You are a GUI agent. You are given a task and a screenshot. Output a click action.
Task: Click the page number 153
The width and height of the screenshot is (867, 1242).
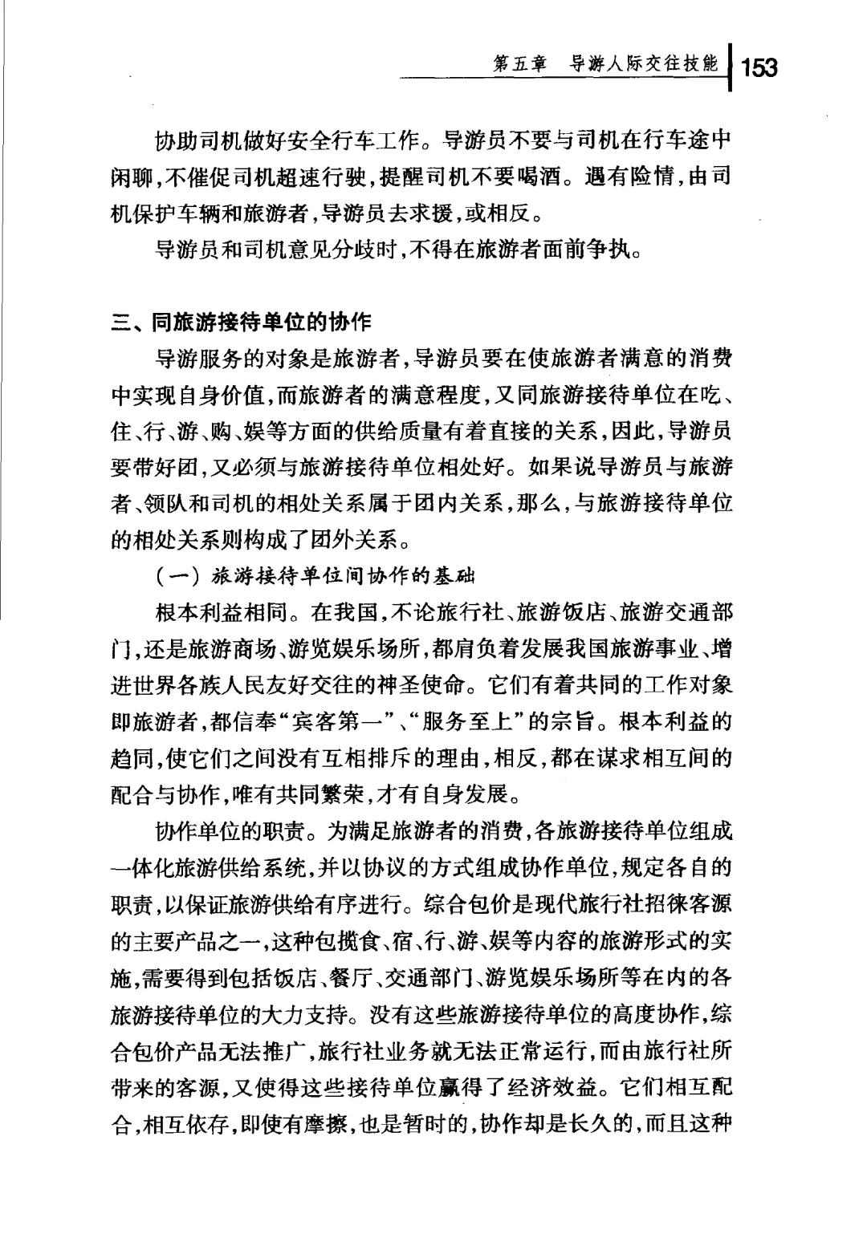[x=759, y=67]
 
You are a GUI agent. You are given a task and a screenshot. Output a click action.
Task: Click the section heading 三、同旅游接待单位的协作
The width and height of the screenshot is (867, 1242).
[x=241, y=323]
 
